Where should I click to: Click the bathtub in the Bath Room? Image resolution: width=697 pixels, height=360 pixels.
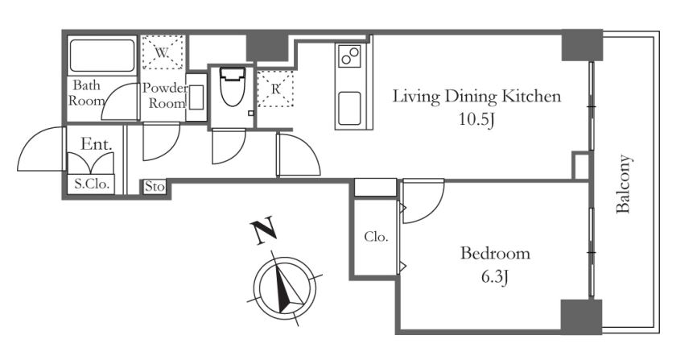coord(102,56)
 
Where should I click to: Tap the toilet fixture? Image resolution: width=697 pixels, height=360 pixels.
coord(232,86)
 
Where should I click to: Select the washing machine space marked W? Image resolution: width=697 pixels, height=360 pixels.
coord(163,52)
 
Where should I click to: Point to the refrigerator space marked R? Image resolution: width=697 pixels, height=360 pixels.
coord(275,89)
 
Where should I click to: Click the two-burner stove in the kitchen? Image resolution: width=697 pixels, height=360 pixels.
coord(349,56)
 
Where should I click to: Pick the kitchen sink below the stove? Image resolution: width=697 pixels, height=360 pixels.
coord(349,109)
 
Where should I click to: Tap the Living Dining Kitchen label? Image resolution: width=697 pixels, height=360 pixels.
coord(476,96)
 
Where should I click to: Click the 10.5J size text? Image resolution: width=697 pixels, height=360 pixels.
coord(477,120)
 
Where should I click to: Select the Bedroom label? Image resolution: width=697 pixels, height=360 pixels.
coord(495,254)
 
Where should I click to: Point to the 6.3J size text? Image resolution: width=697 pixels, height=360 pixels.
coord(494,277)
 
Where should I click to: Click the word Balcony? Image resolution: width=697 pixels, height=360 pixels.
coord(623,184)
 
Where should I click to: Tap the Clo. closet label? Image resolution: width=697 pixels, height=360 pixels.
coord(376,237)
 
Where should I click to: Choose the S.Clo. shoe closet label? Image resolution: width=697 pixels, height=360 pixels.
coord(92,184)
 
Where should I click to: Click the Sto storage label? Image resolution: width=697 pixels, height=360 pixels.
coord(155,186)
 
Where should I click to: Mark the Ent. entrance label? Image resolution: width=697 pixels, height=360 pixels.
coord(96,144)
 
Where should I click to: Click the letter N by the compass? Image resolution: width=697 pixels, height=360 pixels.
coord(263,232)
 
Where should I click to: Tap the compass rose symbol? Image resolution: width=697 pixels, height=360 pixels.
coord(284,288)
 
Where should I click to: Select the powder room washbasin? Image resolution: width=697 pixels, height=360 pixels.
coord(196,97)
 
